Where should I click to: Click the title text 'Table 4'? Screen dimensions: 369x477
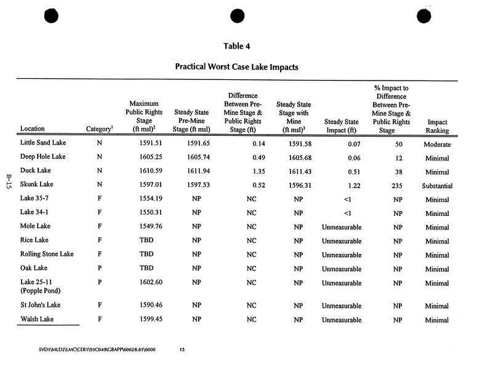point(238,46)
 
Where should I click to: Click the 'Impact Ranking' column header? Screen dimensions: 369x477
point(437,126)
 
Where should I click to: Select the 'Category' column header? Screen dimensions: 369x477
point(99,129)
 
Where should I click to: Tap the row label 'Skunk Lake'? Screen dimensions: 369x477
point(37,184)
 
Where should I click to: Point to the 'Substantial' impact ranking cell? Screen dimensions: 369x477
point(437,186)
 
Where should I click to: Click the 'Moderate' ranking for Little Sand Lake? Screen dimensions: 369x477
point(437,145)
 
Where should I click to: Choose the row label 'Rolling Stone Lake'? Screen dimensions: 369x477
point(47,255)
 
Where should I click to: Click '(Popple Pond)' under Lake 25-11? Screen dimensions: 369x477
point(41,290)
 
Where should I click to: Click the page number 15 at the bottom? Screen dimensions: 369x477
point(182,350)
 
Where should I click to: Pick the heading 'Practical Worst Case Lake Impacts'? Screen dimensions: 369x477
point(237,66)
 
